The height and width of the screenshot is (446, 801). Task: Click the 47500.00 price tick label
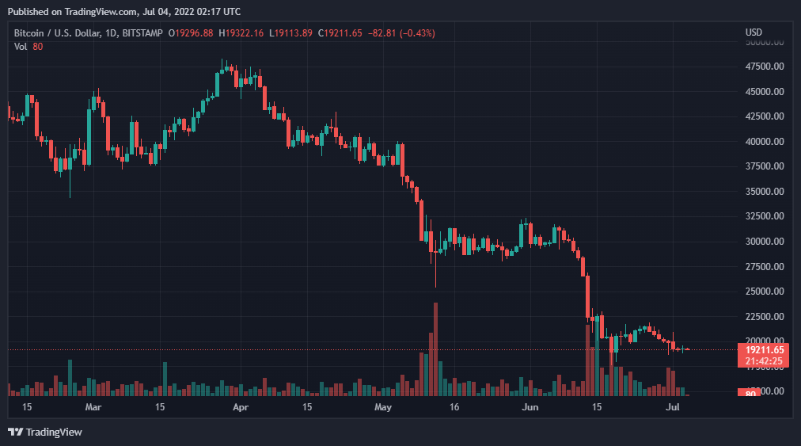tap(765, 67)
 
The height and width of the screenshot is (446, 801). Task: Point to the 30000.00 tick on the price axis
tap(765, 241)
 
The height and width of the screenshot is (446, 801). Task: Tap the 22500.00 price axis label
tap(765, 316)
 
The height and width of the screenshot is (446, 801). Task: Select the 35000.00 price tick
tap(765, 191)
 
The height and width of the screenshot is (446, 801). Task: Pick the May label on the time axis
tap(383, 407)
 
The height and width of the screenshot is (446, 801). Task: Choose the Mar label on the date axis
tap(93, 407)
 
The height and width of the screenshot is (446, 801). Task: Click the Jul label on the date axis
tap(673, 407)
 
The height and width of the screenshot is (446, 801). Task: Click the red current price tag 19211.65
tap(765, 349)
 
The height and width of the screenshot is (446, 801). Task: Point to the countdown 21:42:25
tap(765, 361)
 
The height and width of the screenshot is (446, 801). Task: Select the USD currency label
tap(754, 32)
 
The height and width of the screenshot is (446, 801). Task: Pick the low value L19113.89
tap(291, 32)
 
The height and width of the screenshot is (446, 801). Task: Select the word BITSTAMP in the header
tap(143, 32)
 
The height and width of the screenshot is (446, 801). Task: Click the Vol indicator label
tap(21, 46)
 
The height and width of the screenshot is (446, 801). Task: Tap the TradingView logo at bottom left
tap(45, 432)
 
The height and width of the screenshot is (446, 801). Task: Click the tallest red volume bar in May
tap(435, 349)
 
